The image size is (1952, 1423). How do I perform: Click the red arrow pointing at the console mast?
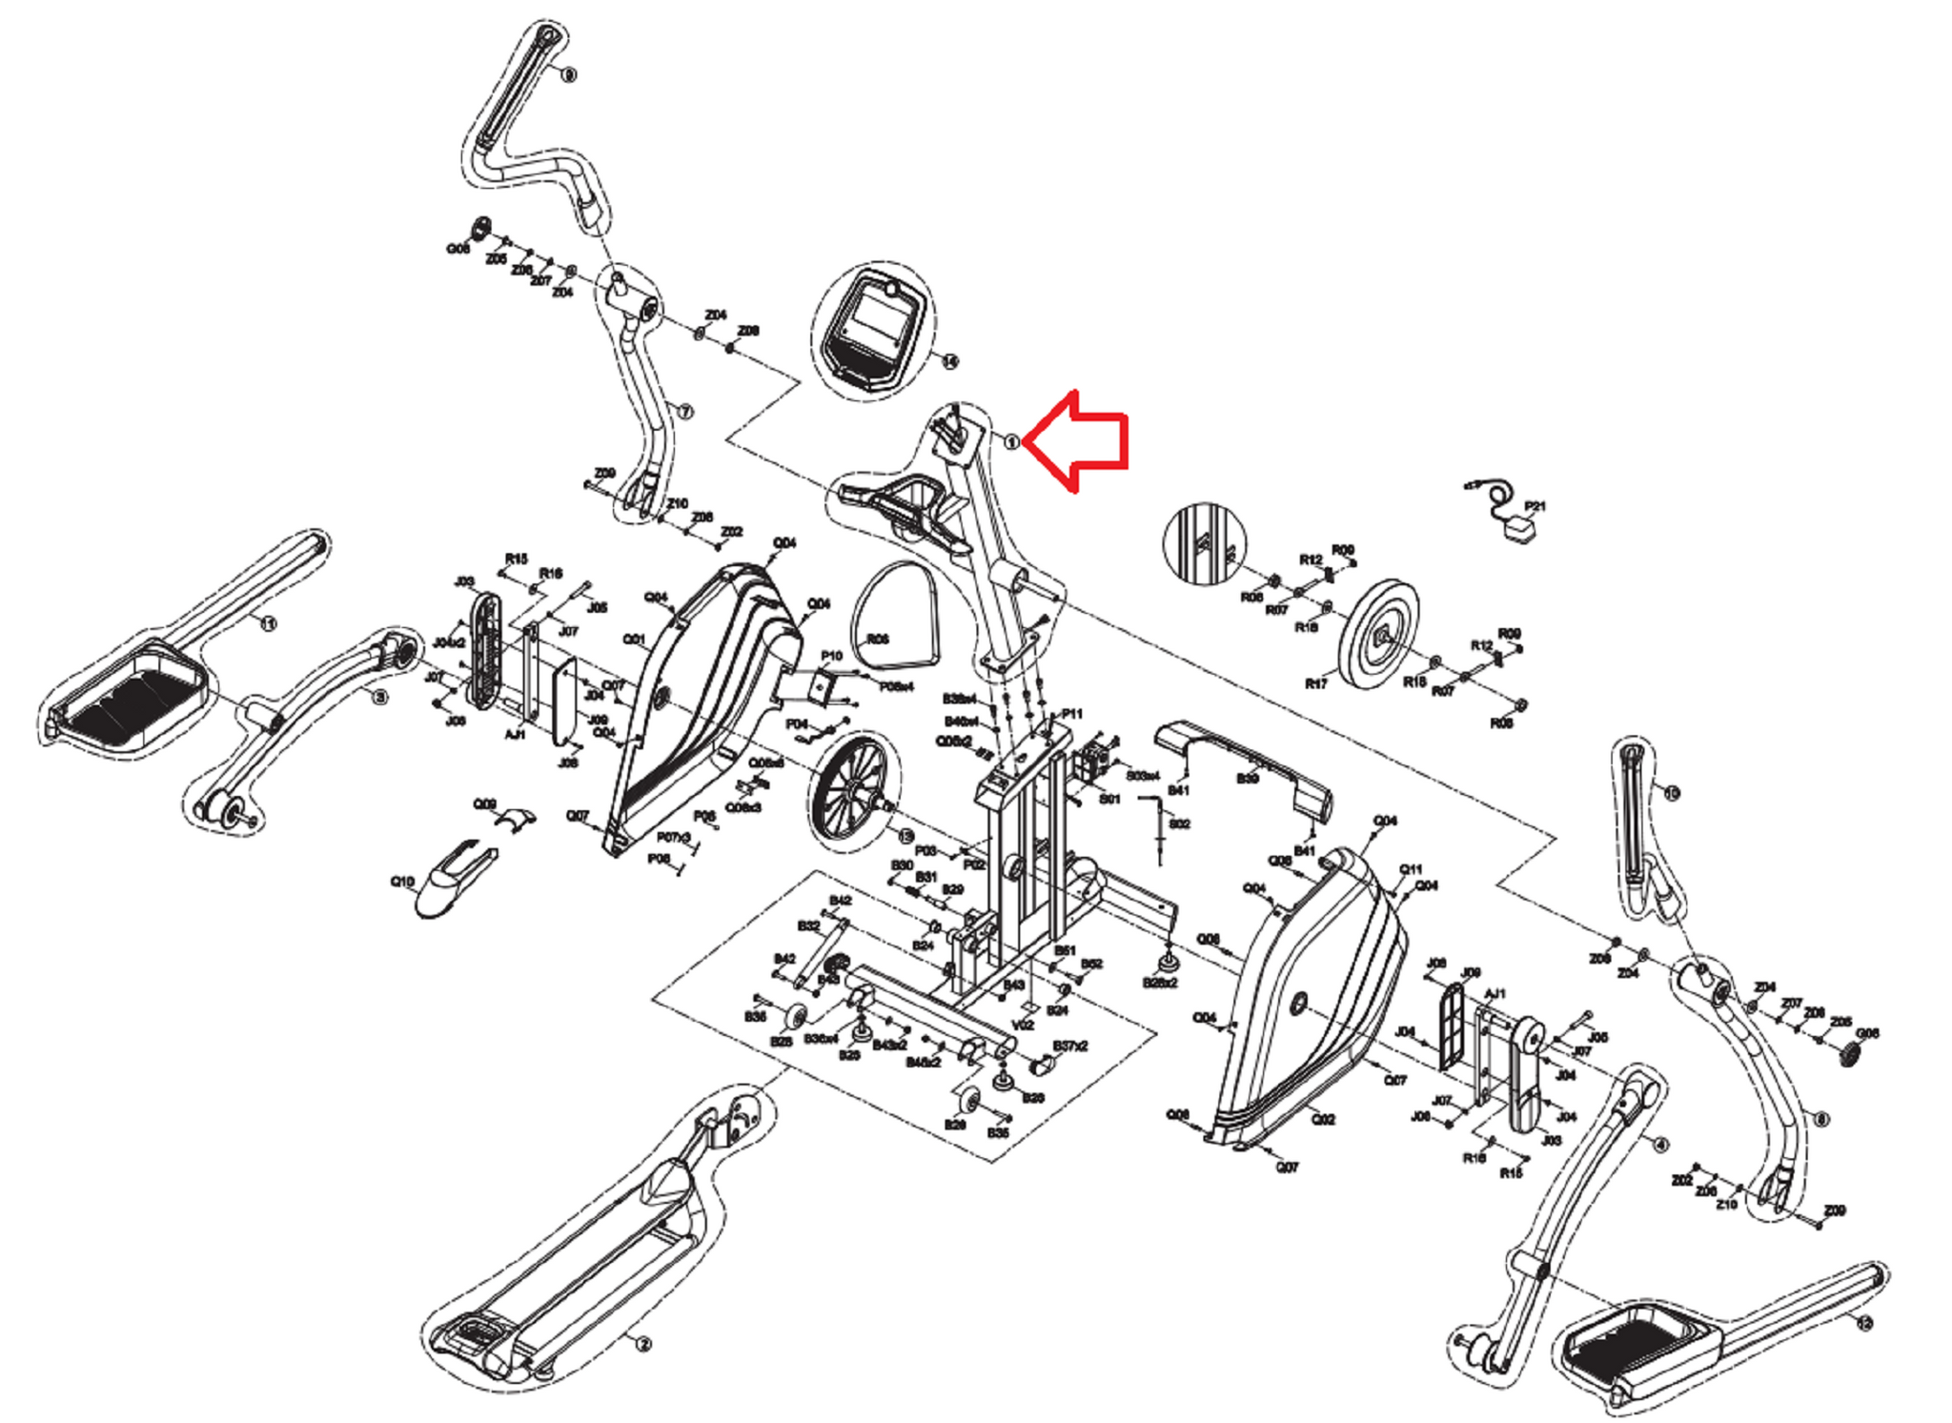tap(1082, 441)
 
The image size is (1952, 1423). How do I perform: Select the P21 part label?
tap(1535, 506)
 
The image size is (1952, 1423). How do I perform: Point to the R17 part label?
tap(1315, 683)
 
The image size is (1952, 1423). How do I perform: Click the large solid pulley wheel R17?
tap(1378, 631)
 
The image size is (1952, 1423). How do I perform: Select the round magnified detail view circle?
tap(1205, 544)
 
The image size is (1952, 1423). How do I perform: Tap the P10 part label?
tap(831, 656)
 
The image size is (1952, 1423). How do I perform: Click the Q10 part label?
tap(402, 882)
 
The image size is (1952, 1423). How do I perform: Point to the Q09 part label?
tap(485, 804)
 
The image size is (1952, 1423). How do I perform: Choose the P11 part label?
tap(1072, 714)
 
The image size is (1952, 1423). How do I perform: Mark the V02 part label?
tap(1023, 1025)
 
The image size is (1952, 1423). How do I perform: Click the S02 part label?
tap(1179, 823)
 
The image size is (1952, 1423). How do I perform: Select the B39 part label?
tap(1248, 779)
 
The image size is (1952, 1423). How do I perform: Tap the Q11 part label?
tap(1411, 869)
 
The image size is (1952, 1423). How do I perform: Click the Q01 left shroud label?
tap(634, 640)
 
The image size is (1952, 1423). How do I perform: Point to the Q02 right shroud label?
tap(1323, 1119)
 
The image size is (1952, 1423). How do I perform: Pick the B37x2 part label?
tap(1069, 1047)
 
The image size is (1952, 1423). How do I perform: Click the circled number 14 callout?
tap(949, 361)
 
